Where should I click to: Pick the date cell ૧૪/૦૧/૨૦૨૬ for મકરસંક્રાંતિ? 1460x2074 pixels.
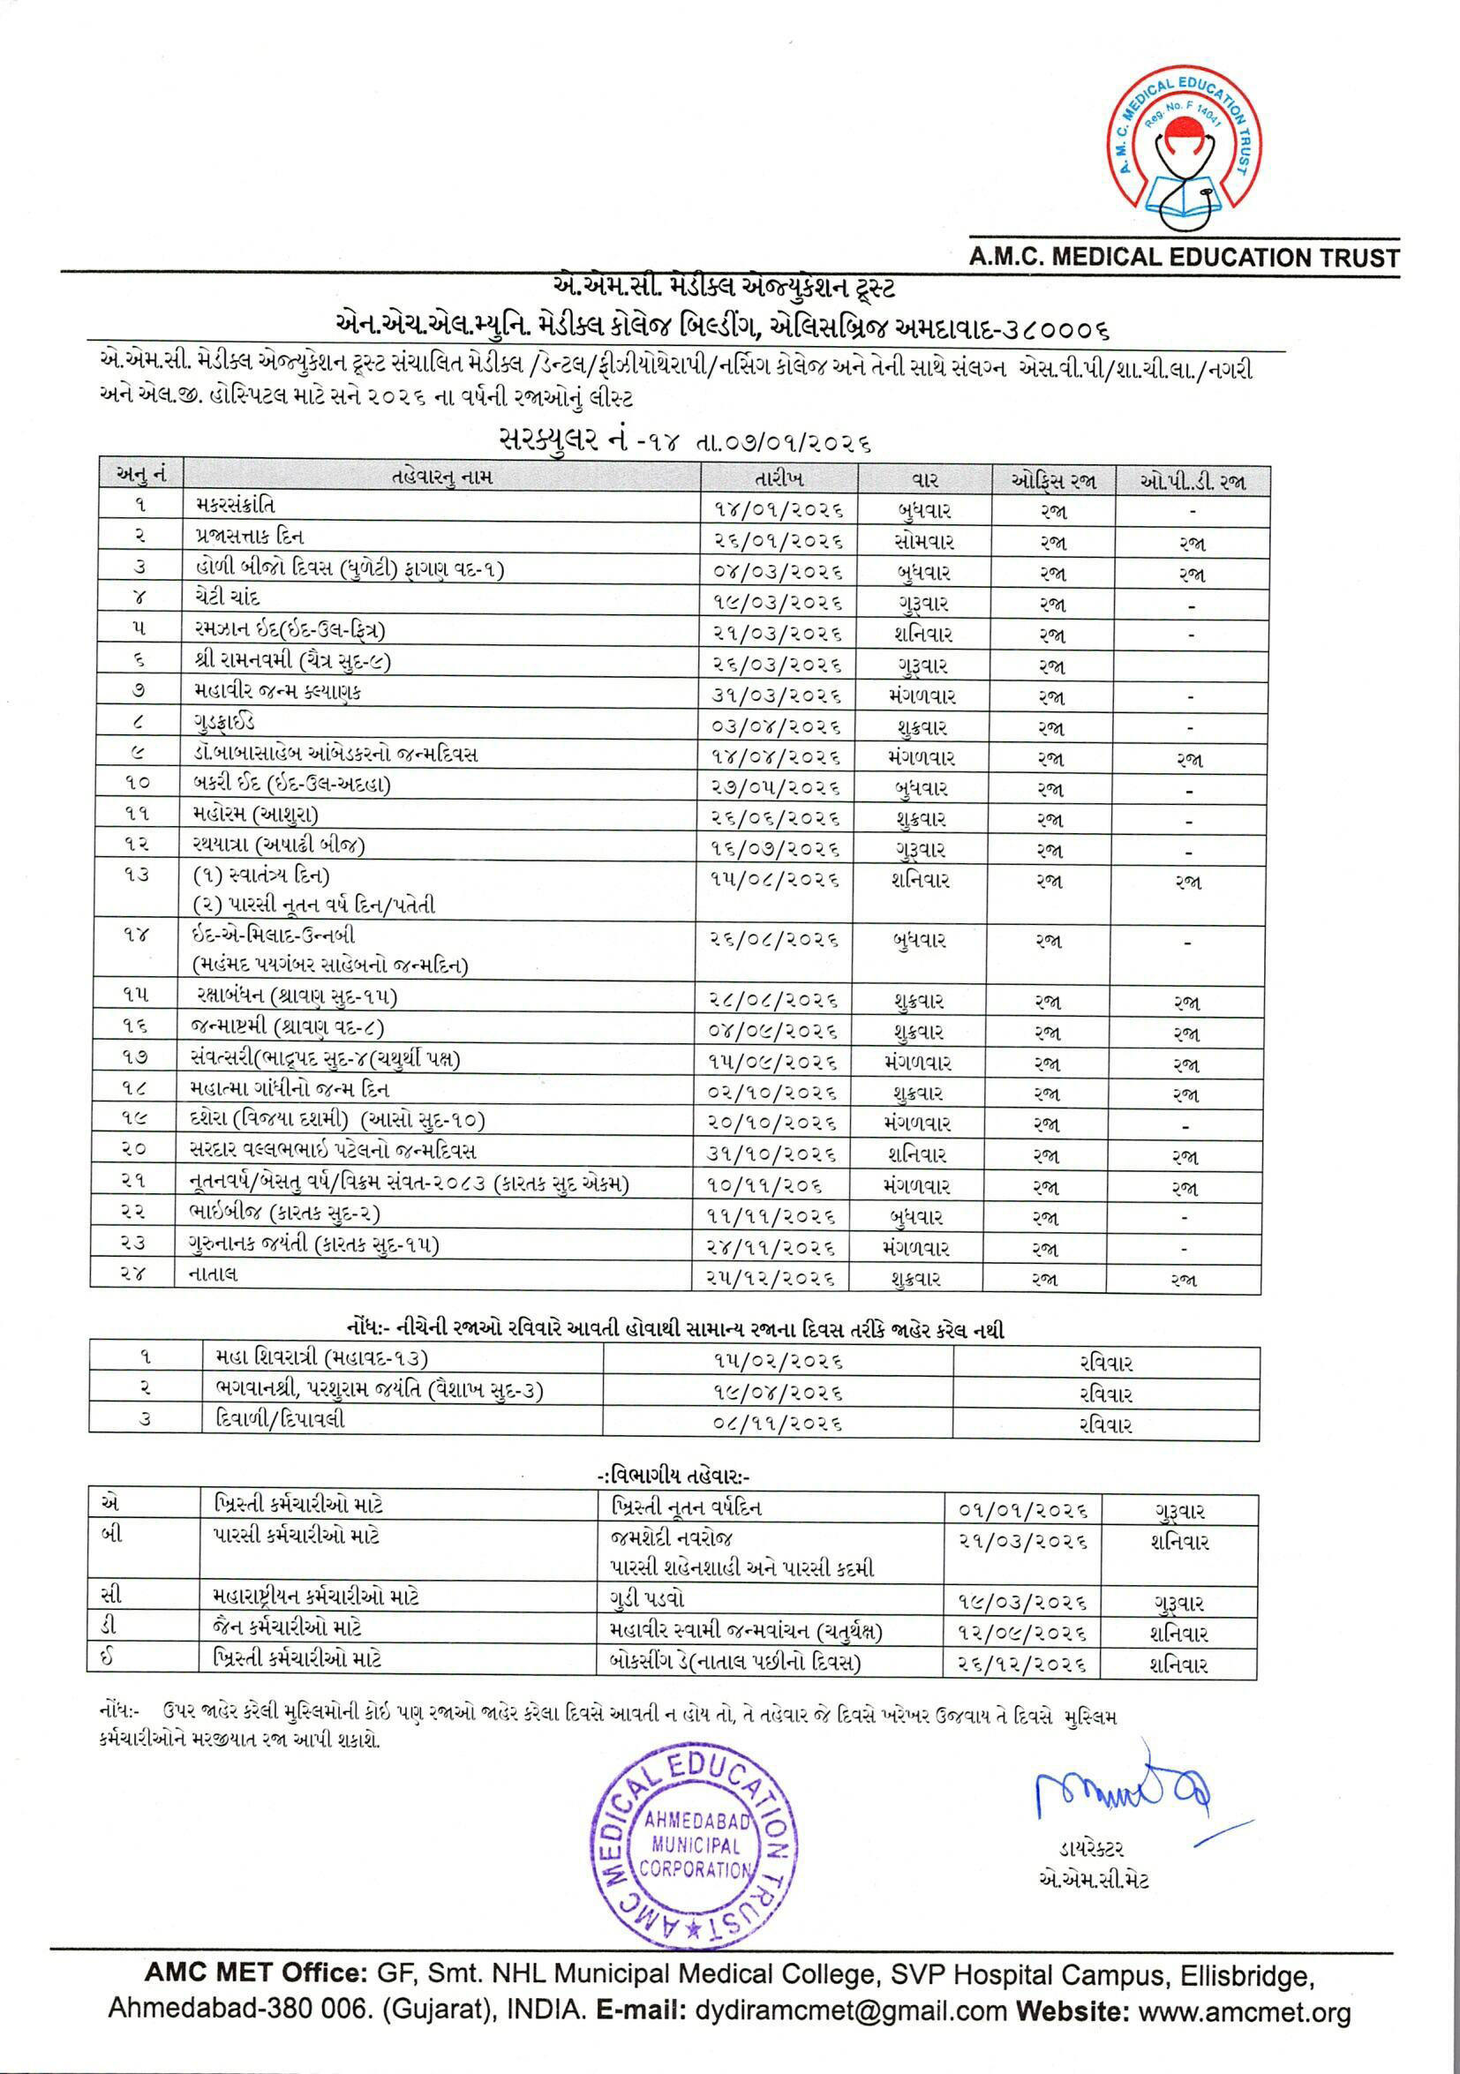(x=779, y=510)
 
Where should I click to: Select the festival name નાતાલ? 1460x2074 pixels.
(x=214, y=1274)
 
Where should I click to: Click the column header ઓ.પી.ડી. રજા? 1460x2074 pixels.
(x=1193, y=482)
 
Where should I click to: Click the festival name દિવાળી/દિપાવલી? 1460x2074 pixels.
(x=280, y=1419)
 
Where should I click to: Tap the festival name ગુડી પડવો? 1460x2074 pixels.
(x=647, y=1598)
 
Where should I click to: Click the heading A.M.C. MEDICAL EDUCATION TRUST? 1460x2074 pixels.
(x=1184, y=258)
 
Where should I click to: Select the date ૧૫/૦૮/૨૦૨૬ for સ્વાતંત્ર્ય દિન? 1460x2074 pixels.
(x=774, y=879)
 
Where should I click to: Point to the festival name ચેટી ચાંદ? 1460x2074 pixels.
(x=227, y=598)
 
